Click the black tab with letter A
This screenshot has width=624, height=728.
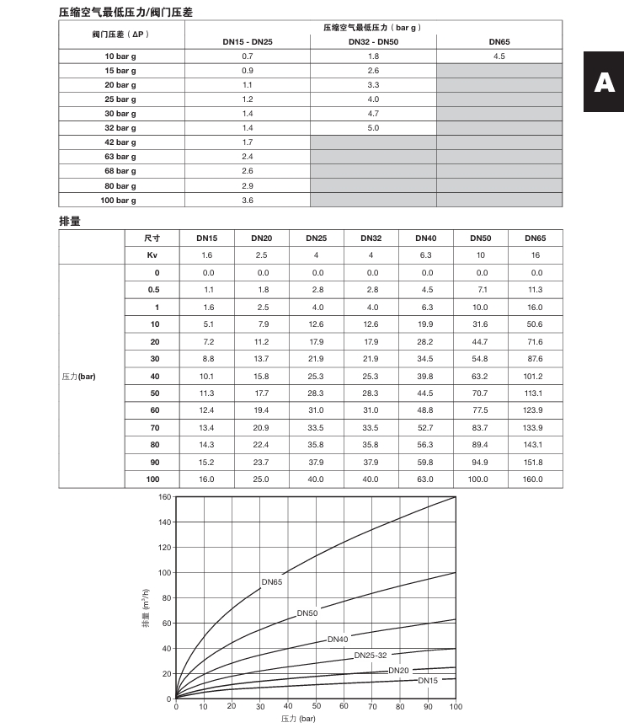click(604, 82)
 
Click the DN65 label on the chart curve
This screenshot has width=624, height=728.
click(271, 581)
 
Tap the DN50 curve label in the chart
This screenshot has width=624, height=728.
click(307, 613)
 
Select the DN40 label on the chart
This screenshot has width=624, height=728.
click(338, 640)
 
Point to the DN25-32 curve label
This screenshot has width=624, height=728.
click(371, 655)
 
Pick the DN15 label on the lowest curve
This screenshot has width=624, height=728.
click(428, 680)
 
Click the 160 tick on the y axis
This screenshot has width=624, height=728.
click(165, 497)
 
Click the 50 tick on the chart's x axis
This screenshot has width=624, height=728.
click(316, 707)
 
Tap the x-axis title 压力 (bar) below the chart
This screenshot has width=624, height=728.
click(298, 719)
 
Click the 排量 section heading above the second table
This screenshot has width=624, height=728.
click(69, 221)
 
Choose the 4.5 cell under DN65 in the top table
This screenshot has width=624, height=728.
click(499, 56)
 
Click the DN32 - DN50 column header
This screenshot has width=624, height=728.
click(373, 41)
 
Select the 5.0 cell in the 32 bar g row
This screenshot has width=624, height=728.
click(373, 128)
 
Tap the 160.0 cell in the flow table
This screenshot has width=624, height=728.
click(536, 479)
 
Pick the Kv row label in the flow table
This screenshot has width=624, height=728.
click(152, 254)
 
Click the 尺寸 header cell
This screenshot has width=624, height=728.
click(152, 238)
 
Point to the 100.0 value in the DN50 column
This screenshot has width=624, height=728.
click(482, 479)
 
